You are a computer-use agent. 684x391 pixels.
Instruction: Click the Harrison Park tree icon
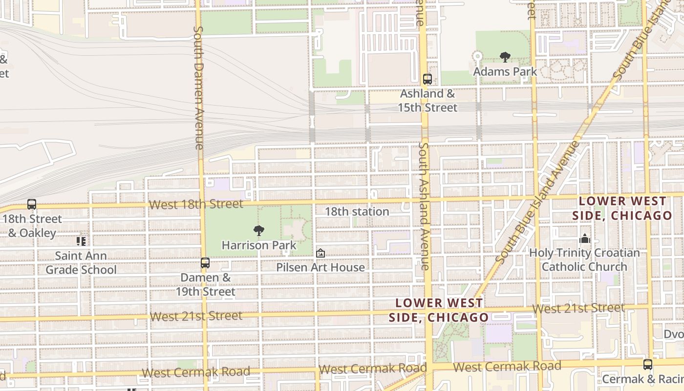[259, 231]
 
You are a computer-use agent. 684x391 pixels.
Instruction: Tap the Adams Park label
[505, 71]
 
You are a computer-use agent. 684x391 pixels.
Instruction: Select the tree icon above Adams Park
[505, 57]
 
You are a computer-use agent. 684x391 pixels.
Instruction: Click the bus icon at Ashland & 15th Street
[427, 79]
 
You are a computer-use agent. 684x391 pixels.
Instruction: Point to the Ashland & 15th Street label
[427, 100]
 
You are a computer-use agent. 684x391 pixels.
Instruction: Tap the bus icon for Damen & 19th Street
[205, 263]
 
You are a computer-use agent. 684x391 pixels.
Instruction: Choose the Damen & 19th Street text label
[206, 284]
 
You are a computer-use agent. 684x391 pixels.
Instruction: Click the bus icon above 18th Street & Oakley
[32, 204]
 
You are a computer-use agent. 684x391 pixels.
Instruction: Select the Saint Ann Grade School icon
[81, 241]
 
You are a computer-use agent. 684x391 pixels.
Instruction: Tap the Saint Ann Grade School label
[81, 262]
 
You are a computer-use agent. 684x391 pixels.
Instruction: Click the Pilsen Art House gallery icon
[321, 253]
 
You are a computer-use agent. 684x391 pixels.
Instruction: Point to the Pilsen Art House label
[321, 267]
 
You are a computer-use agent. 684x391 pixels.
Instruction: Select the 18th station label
[357, 212]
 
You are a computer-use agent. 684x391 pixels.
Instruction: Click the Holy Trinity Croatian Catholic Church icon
[584, 239]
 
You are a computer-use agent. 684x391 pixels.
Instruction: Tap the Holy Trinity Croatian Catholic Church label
[584, 260]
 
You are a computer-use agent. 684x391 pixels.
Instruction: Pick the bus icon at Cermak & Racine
[647, 365]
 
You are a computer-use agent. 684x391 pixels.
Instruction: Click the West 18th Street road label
[196, 204]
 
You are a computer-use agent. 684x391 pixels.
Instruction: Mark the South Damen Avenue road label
[198, 88]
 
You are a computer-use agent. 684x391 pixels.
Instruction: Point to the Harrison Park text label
[259, 245]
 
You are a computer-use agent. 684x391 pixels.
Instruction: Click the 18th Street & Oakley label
[32, 226]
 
